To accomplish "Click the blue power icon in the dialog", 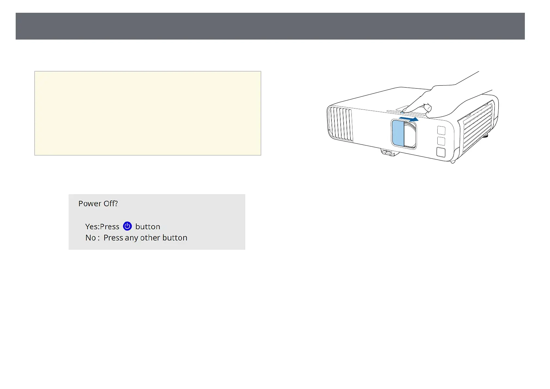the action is click(127, 226).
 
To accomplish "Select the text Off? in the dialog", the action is click(110, 203).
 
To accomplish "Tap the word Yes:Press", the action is click(102, 227).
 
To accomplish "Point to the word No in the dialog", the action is click(90, 238).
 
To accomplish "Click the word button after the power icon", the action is click(148, 227).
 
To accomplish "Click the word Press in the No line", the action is click(113, 238).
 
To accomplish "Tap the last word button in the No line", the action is click(175, 238).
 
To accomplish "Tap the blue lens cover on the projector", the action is click(398, 133).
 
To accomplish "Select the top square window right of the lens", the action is click(441, 130).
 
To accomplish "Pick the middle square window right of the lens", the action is click(441, 141).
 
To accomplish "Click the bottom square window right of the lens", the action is click(441, 152).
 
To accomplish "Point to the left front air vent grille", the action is click(340, 124).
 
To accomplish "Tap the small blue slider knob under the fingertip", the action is click(402, 114).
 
